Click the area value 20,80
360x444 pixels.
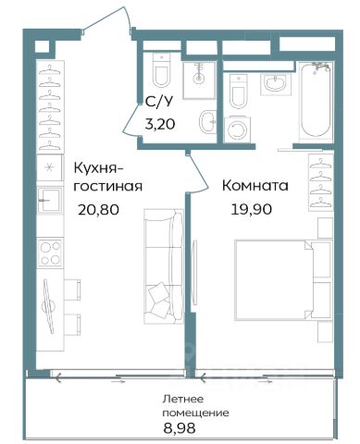[98, 210]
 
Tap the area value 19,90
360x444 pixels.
[252, 209]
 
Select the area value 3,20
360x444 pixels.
[160, 124]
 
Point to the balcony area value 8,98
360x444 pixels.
[180, 428]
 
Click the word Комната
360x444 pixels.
[255, 186]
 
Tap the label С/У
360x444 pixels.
[159, 102]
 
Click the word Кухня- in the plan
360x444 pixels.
[98, 169]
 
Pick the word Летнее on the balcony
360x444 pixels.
[183, 399]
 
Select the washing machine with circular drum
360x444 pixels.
[237, 129]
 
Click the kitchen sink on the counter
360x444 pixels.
[50, 200]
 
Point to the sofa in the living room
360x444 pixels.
[164, 266]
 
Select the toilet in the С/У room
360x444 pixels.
[162, 70]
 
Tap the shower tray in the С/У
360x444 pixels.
[199, 80]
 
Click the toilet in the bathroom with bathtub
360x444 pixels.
[239, 92]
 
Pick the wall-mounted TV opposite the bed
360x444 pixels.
[194, 272]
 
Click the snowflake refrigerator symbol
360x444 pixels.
[49, 168]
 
